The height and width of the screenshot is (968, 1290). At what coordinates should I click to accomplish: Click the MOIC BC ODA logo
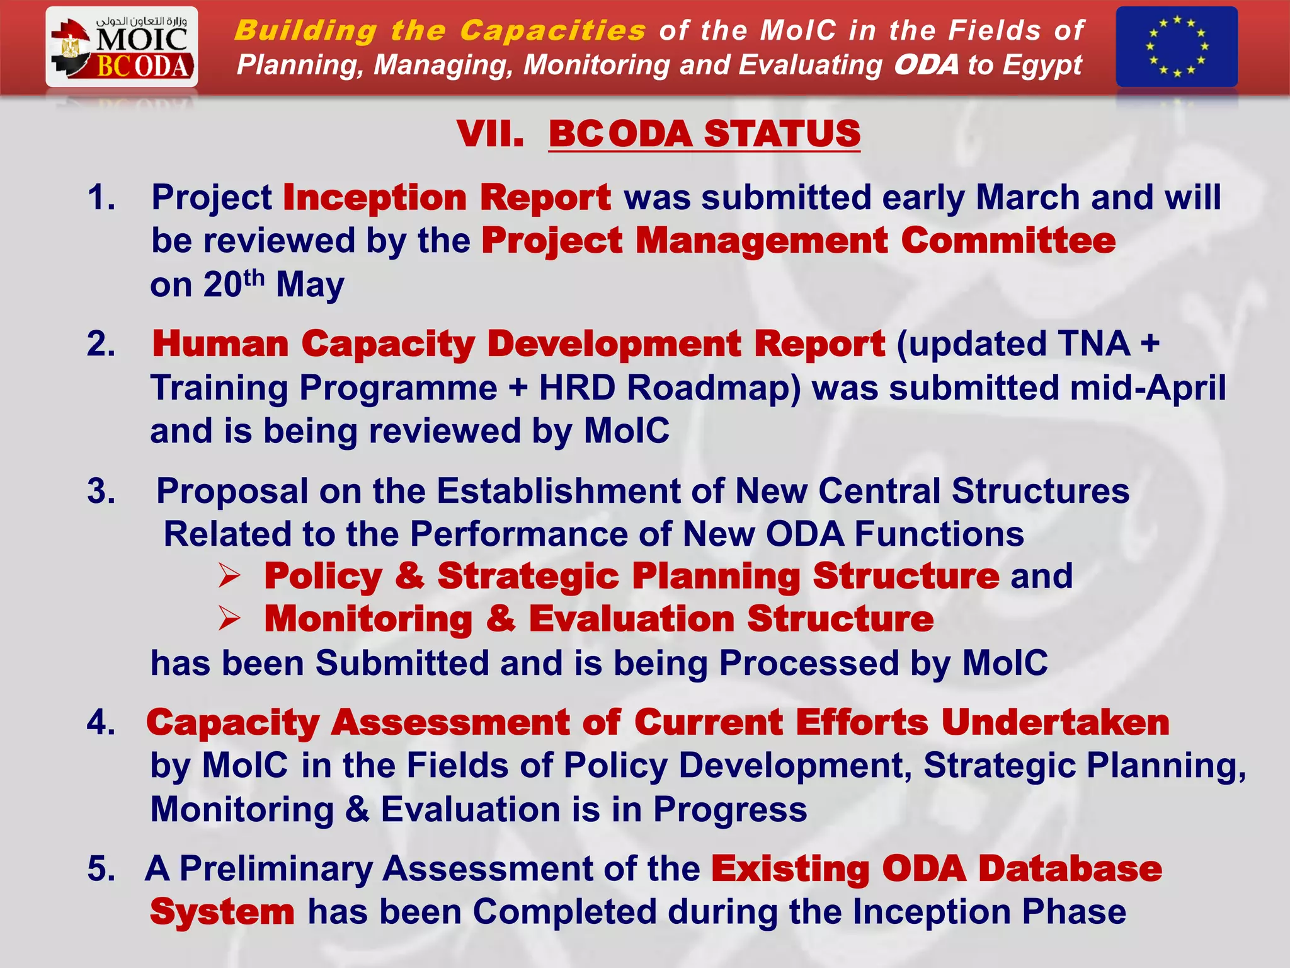(x=122, y=47)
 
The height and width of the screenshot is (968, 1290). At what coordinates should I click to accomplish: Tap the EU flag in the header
(x=1176, y=47)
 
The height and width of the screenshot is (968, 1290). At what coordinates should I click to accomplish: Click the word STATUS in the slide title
(x=782, y=134)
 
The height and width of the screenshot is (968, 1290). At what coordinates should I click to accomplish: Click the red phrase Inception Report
(x=447, y=197)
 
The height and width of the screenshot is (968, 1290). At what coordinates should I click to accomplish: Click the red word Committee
(x=1008, y=241)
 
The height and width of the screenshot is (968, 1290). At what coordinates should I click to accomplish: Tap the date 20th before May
(x=232, y=284)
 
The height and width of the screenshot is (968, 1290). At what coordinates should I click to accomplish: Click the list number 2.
(x=101, y=344)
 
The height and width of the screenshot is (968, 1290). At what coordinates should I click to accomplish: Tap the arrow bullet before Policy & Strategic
(x=229, y=576)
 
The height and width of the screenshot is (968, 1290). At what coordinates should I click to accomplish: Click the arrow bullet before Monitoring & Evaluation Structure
(x=229, y=619)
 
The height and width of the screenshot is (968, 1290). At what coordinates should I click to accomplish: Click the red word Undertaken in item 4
(x=1054, y=722)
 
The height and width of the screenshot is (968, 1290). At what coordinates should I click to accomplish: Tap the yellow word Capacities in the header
(x=552, y=30)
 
